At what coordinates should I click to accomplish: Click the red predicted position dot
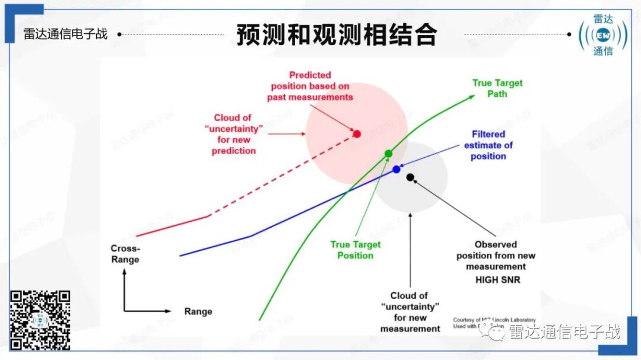pos(357,134)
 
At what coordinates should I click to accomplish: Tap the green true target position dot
pos(388,154)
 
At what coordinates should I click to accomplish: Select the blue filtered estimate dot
pos(396,170)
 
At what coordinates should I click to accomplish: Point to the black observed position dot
pos(410,177)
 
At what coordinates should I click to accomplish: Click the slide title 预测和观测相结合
pos(337,35)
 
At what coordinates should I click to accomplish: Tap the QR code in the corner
pos(40,320)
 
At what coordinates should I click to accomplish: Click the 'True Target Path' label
pos(497,88)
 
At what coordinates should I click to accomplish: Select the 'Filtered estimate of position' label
pos(488,145)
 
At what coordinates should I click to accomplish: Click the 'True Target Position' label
pos(356,250)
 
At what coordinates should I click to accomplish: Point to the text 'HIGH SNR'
pos(497,279)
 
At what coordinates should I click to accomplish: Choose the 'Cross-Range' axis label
pos(125,254)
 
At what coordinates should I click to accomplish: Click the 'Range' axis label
pos(198,311)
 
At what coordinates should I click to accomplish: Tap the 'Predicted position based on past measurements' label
pos(310,86)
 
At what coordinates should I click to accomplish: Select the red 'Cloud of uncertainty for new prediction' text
pos(234,135)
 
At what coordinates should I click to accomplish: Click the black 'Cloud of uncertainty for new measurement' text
pos(410,312)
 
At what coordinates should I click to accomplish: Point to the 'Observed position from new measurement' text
pos(496,256)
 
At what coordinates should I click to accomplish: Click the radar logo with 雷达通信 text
pos(603,35)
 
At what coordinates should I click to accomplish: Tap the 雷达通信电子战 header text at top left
pos(65,34)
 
